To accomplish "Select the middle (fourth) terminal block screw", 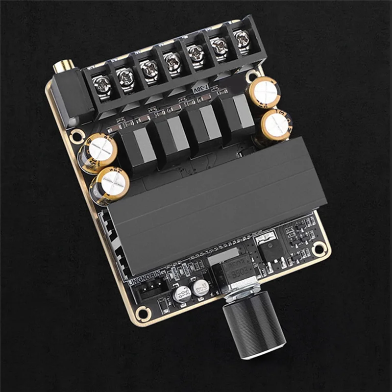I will (x=172, y=63).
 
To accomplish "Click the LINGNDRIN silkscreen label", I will (x=145, y=280).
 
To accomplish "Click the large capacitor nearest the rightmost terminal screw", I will (x=265, y=93).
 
